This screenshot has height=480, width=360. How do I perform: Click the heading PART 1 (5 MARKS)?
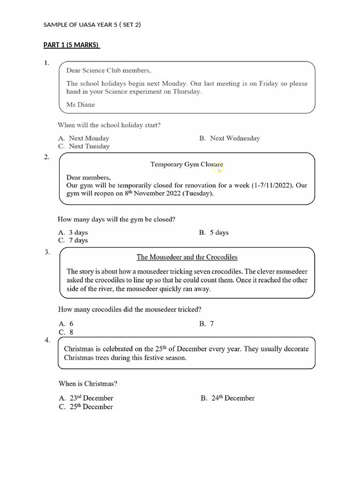71,45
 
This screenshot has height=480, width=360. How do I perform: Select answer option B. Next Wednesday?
230,138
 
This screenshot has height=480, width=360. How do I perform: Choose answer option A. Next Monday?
84,138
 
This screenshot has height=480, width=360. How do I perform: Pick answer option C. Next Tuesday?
84,146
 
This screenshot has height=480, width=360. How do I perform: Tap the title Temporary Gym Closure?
187,165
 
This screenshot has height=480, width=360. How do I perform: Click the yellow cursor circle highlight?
218,166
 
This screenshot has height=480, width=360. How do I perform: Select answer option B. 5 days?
214,232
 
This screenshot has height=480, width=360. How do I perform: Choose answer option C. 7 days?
73,240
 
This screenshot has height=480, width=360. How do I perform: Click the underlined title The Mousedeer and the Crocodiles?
187,257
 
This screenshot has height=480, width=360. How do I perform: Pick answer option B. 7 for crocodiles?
207,323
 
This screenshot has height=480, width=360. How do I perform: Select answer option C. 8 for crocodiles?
66,332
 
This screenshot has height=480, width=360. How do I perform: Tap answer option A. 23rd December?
86,398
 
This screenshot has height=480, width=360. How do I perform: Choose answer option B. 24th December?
228,398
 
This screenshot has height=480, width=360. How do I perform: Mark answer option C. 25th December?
86,407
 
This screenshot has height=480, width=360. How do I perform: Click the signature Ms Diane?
81,105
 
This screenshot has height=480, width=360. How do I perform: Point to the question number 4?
47,341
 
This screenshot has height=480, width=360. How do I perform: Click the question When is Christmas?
88,383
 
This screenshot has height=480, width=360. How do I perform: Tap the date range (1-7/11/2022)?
271,185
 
